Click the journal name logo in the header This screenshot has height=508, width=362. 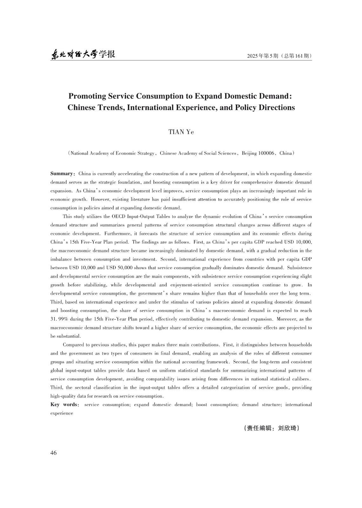(x=83, y=54)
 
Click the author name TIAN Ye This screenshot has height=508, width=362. (x=181, y=132)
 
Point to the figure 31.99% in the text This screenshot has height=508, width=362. (x=59, y=319)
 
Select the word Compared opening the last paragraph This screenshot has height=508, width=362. (x=74, y=344)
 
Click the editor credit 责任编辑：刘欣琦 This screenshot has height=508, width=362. (x=272, y=428)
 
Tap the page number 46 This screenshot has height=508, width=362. (x=53, y=453)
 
